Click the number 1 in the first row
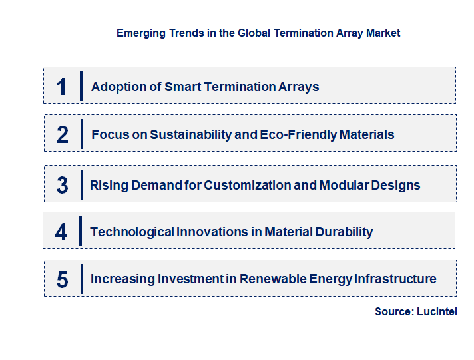[x=62, y=87]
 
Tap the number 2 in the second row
[x=62, y=135]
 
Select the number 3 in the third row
[x=62, y=185]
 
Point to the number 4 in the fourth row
[x=61, y=232]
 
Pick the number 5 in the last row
[x=62, y=279]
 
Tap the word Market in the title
[x=383, y=33]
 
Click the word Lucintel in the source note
[x=437, y=311]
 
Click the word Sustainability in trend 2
[x=189, y=135]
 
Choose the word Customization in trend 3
[x=247, y=185]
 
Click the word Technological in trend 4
[x=131, y=232]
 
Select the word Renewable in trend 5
[x=274, y=279]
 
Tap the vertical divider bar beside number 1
[x=81, y=86]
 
